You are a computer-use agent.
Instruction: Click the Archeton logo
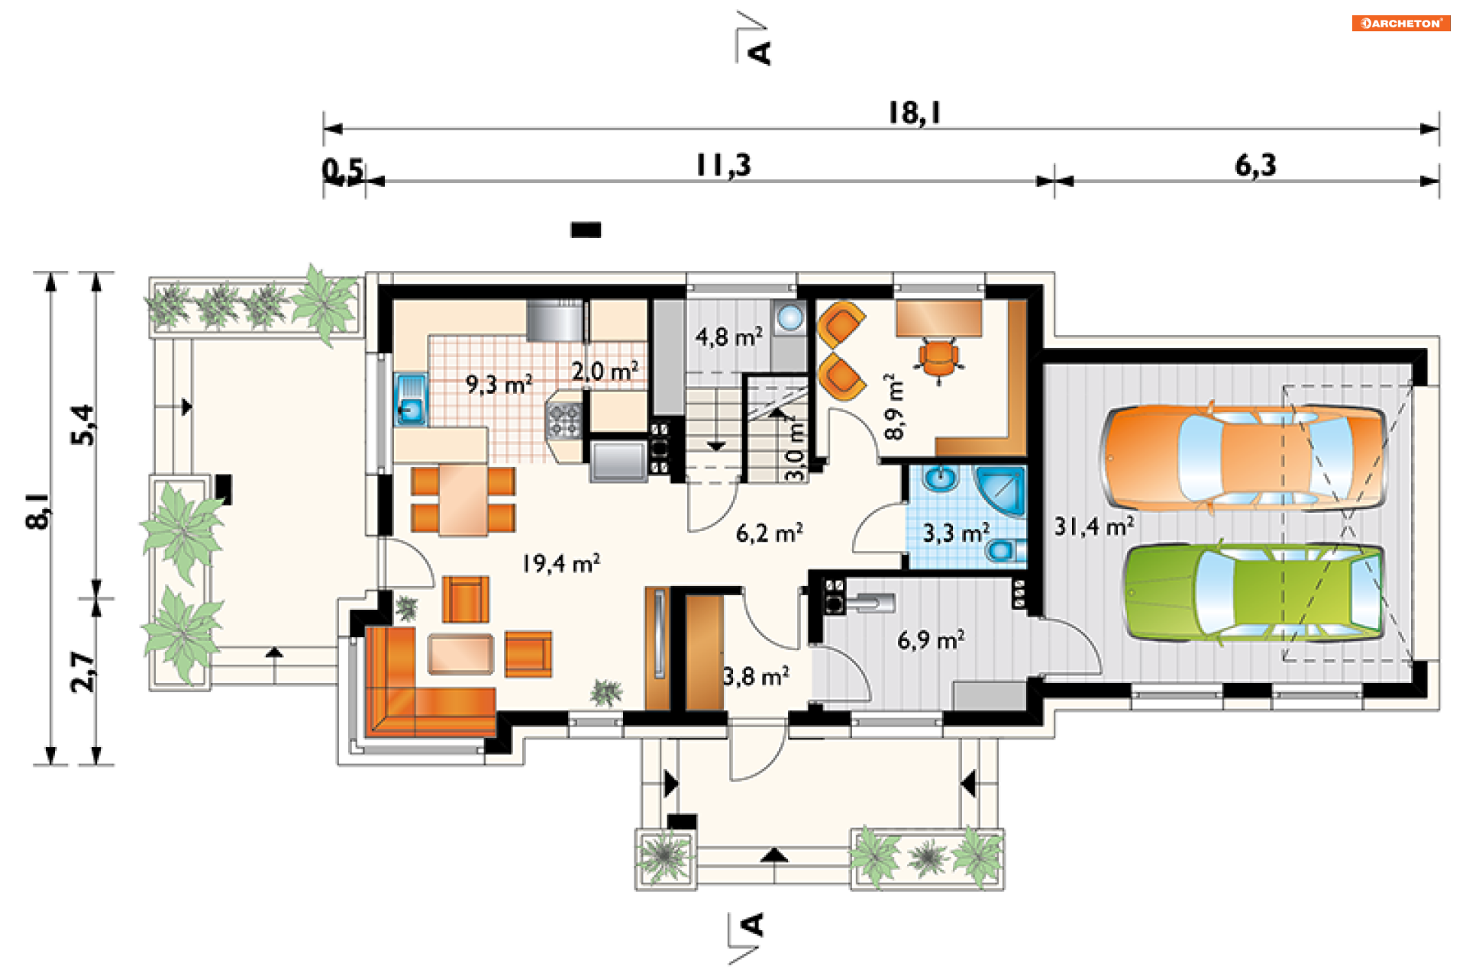pyautogui.click(x=1401, y=23)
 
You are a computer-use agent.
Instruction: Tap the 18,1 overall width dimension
pyautogui.click(x=914, y=113)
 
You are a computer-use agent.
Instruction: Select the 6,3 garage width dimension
pyautogui.click(x=1255, y=166)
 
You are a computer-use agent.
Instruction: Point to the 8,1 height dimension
pyautogui.click(x=38, y=511)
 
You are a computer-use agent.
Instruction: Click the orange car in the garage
pyautogui.click(x=1243, y=458)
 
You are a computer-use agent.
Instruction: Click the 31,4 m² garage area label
pyautogui.click(x=1093, y=526)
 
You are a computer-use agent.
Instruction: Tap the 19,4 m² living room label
pyautogui.click(x=560, y=563)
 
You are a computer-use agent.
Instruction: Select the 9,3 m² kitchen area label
pyautogui.click(x=499, y=384)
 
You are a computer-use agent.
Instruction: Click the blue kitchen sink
pyautogui.click(x=411, y=399)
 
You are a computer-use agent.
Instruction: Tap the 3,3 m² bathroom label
pyautogui.click(x=956, y=533)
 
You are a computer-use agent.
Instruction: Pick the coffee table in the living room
pyautogui.click(x=460, y=654)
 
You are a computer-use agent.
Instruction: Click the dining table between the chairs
pyautogui.click(x=463, y=500)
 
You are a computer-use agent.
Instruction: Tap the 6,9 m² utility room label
pyautogui.click(x=931, y=639)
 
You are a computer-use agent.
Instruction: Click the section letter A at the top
pyautogui.click(x=760, y=52)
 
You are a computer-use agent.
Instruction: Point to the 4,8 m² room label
pyautogui.click(x=728, y=337)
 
